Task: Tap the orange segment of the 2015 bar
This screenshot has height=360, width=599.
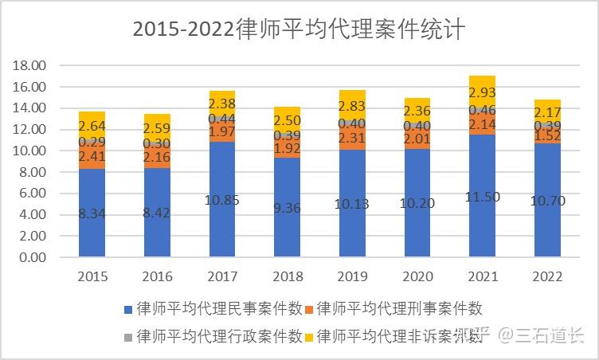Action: (92, 156)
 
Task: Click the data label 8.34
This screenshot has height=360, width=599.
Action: (92, 213)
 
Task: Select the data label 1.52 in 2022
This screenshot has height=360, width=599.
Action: (547, 135)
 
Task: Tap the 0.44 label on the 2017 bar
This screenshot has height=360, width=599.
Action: (221, 118)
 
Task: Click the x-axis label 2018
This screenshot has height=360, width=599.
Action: (287, 276)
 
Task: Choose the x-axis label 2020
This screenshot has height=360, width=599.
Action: (417, 276)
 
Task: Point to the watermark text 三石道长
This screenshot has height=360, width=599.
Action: (550, 335)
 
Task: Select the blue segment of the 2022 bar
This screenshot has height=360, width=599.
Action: (547, 215)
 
